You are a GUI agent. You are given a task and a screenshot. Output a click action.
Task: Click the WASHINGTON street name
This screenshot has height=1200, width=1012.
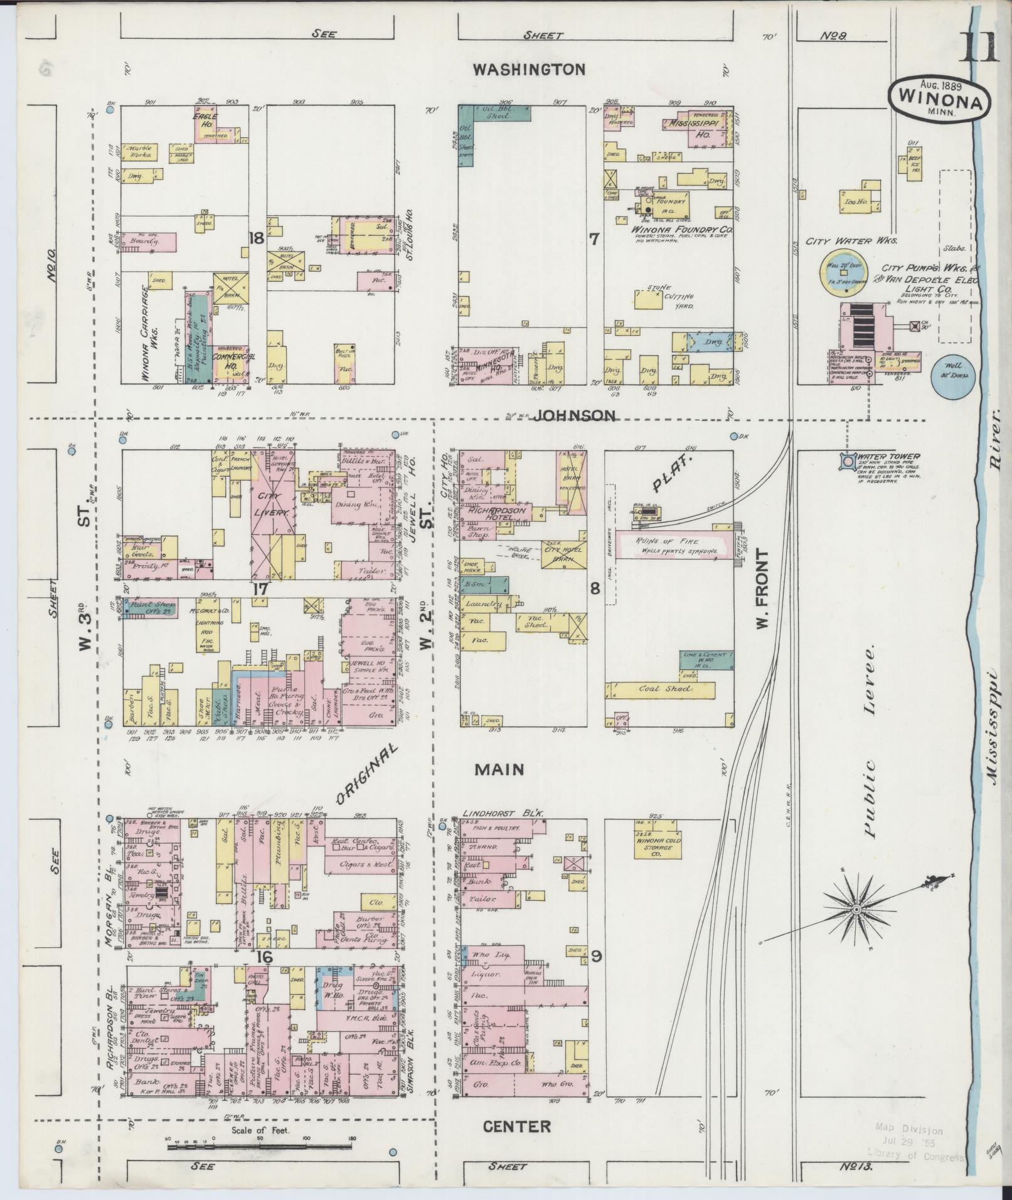point(528,69)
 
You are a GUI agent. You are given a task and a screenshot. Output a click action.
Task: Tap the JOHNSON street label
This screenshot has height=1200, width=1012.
point(573,415)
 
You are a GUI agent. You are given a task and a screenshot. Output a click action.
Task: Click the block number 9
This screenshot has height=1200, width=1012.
point(596,974)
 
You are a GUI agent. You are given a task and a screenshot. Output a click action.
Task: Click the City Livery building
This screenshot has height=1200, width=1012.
point(272,505)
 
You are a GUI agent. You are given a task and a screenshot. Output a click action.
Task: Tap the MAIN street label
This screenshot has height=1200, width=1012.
point(499,770)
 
